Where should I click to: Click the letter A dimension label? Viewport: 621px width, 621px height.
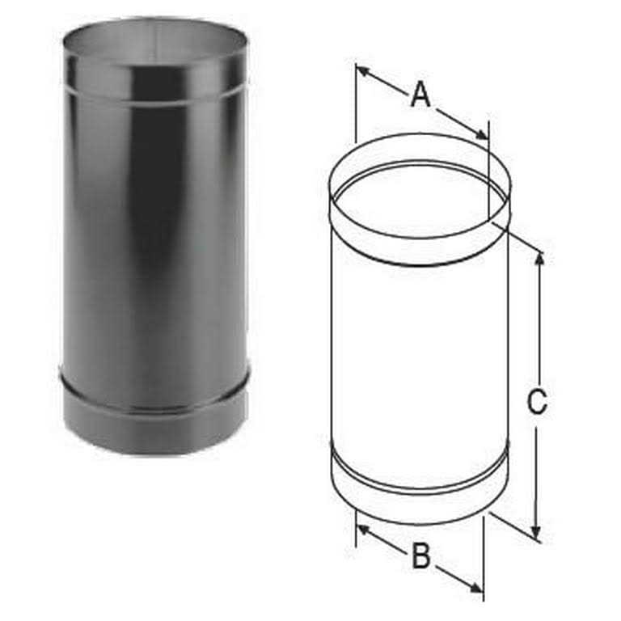click(420, 95)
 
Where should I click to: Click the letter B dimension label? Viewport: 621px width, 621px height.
click(420, 556)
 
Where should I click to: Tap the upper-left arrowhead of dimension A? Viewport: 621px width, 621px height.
click(361, 70)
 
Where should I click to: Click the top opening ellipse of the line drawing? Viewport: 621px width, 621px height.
click(419, 198)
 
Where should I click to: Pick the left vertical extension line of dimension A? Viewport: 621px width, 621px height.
click(356, 105)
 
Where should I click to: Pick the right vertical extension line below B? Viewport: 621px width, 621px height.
click(484, 558)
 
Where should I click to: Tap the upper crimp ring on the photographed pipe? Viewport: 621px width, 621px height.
click(155, 91)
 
